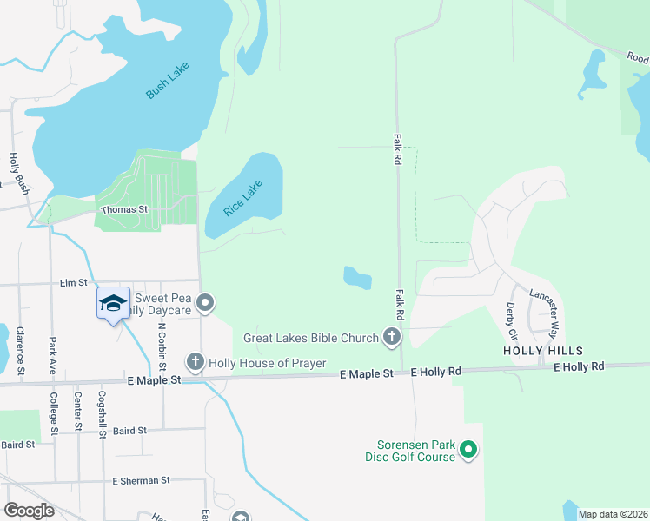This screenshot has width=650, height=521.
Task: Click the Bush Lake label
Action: (x=168, y=81)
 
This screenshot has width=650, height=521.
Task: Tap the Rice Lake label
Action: (x=242, y=198)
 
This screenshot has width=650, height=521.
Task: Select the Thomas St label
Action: (x=125, y=210)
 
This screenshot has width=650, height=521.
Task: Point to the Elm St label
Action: (x=74, y=282)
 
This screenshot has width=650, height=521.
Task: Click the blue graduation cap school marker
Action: (x=113, y=303)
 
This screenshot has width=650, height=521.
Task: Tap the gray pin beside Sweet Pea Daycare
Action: (x=205, y=303)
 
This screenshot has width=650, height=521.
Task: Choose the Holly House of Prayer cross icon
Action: (x=196, y=361)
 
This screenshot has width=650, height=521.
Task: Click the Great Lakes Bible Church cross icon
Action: (x=392, y=337)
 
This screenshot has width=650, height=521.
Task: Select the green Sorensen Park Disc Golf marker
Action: (x=468, y=450)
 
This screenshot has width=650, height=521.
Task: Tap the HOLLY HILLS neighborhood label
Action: (x=543, y=350)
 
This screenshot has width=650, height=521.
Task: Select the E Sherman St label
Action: (x=141, y=480)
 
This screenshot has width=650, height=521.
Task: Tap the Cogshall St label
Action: (x=103, y=416)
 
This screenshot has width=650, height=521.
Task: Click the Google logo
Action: (x=29, y=511)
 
